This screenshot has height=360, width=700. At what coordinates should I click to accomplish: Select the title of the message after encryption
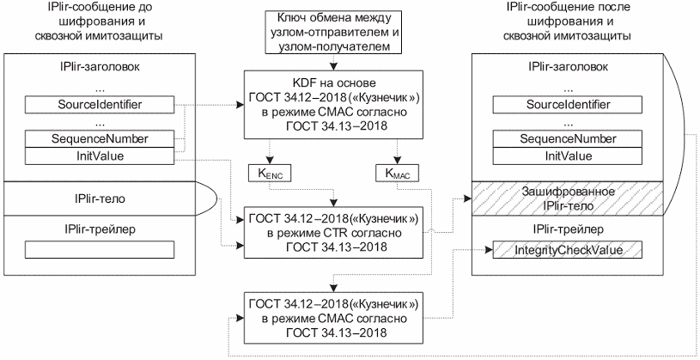coord(569,21)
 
